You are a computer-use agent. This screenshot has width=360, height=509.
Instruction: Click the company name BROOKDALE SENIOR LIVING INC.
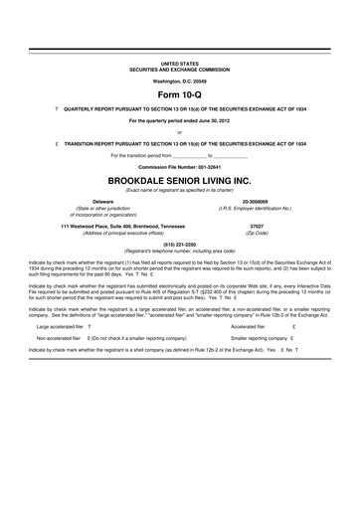click(179, 183)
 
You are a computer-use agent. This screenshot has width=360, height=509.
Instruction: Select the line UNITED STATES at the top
click(179, 62)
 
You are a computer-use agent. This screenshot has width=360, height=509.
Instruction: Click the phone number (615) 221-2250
click(179, 244)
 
